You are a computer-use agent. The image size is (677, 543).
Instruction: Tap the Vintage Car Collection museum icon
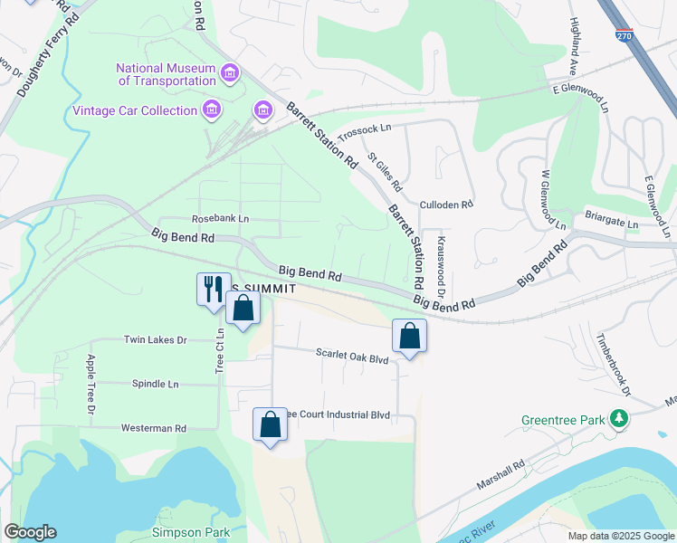coord(212,110)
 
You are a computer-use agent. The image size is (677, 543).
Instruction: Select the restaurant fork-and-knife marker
coord(214,289)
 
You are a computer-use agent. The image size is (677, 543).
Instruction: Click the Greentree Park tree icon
coord(619,419)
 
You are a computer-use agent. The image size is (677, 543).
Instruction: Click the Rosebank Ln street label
coord(220,219)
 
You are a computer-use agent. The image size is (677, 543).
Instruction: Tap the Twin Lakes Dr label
coord(155,340)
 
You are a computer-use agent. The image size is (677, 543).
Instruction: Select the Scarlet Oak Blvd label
coord(351,357)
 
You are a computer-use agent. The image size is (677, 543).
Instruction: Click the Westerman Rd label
coord(153,428)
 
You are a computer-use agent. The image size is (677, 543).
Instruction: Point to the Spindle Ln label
coord(155,384)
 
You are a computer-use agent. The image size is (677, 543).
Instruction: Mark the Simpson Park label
coord(191,531)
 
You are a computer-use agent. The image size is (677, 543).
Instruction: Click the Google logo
coord(30,532)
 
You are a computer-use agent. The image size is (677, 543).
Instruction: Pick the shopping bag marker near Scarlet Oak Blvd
coord(410,336)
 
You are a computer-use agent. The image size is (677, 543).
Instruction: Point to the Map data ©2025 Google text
coord(620,536)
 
